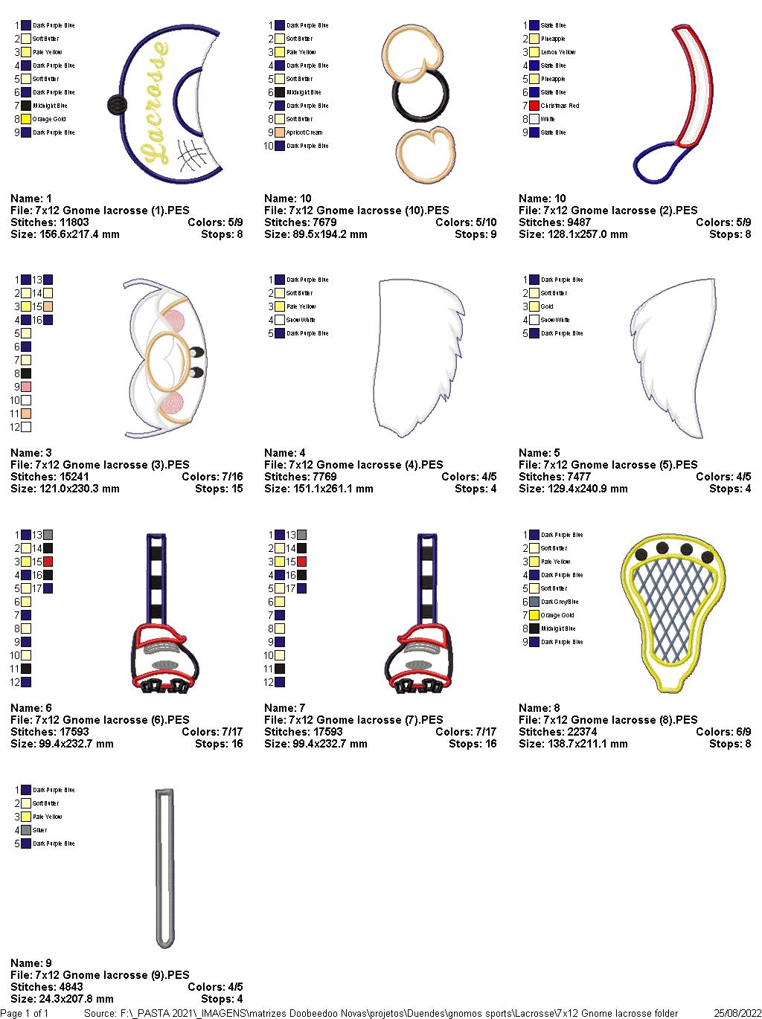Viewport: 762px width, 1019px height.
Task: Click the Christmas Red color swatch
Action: [x=534, y=106]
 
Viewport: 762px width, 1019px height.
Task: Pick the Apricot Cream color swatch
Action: [x=280, y=132]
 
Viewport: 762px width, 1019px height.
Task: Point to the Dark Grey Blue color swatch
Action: [x=534, y=602]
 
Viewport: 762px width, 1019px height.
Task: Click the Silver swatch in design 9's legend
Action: [x=26, y=830]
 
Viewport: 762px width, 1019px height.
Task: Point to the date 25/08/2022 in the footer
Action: [x=737, y=1013]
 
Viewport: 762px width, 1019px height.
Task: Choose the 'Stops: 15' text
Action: [x=219, y=489]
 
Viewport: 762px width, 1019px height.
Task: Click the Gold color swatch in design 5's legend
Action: [x=534, y=306]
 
